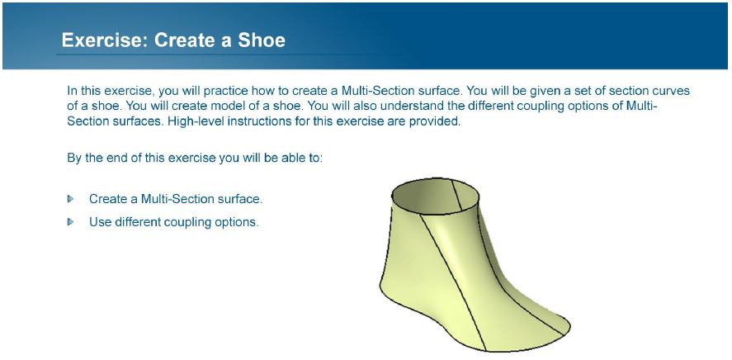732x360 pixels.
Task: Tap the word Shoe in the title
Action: click(x=262, y=40)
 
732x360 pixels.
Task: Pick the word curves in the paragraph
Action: click(x=673, y=90)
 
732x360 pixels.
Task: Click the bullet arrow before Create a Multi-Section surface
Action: click(x=70, y=199)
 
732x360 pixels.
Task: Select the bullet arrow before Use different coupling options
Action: click(x=70, y=222)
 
